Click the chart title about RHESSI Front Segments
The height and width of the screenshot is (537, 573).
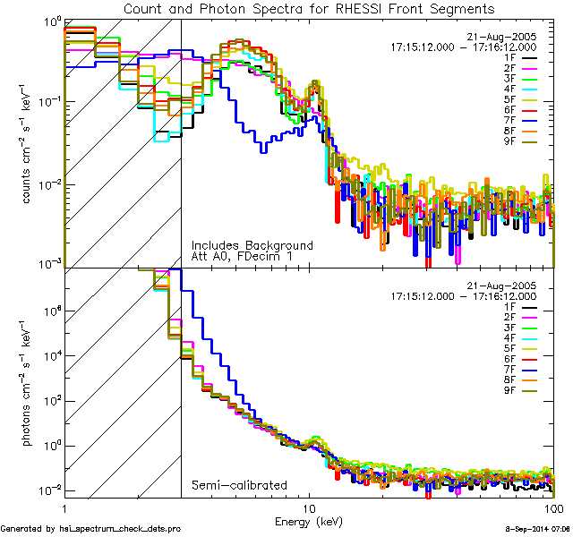tap(309, 8)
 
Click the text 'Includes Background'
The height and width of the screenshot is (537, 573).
tap(252, 245)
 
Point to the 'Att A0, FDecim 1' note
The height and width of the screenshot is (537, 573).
tap(242, 256)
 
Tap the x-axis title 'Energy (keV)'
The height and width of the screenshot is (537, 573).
tap(310, 520)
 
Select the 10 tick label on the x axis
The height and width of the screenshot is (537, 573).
tap(310, 508)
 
